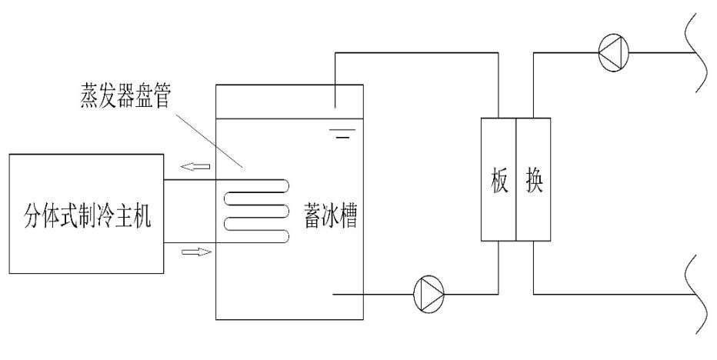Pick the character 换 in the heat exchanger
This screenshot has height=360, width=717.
[533, 180]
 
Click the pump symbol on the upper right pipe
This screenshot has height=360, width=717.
[612, 52]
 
